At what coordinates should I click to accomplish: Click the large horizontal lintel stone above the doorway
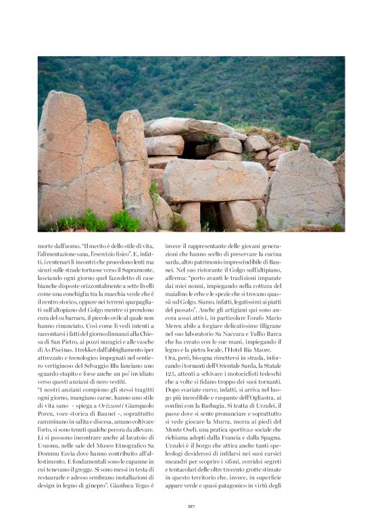[214, 181]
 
